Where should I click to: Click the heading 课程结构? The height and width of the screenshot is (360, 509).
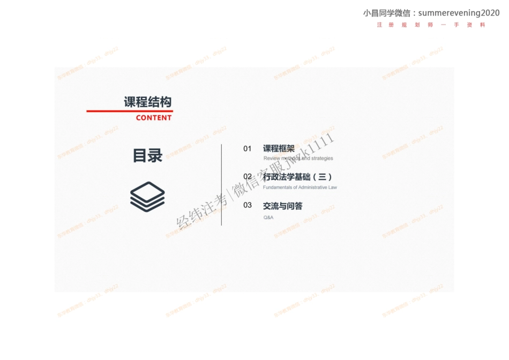click(148, 102)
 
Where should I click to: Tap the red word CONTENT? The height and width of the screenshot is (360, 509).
click(154, 118)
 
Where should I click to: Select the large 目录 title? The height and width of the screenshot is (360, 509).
click(147, 155)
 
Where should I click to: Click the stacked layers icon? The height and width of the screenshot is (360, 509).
click(147, 196)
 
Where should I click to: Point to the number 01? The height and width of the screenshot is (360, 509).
click(247, 148)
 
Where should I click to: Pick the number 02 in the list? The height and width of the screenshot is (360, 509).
click(247, 176)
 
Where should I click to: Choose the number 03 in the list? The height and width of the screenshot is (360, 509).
click(247, 205)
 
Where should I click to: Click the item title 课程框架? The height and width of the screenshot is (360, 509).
click(279, 148)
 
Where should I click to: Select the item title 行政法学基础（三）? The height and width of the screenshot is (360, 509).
click(297, 176)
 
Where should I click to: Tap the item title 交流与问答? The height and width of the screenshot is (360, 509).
click(282, 205)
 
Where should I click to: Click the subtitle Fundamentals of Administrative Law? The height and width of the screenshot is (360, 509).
click(300, 187)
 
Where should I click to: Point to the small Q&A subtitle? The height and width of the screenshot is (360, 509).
click(268, 217)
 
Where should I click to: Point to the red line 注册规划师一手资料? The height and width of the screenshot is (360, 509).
click(431, 25)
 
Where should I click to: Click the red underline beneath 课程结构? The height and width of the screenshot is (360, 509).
click(129, 111)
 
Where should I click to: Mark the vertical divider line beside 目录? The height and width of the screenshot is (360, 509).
click(221, 185)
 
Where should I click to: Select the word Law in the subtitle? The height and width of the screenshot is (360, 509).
click(332, 187)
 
